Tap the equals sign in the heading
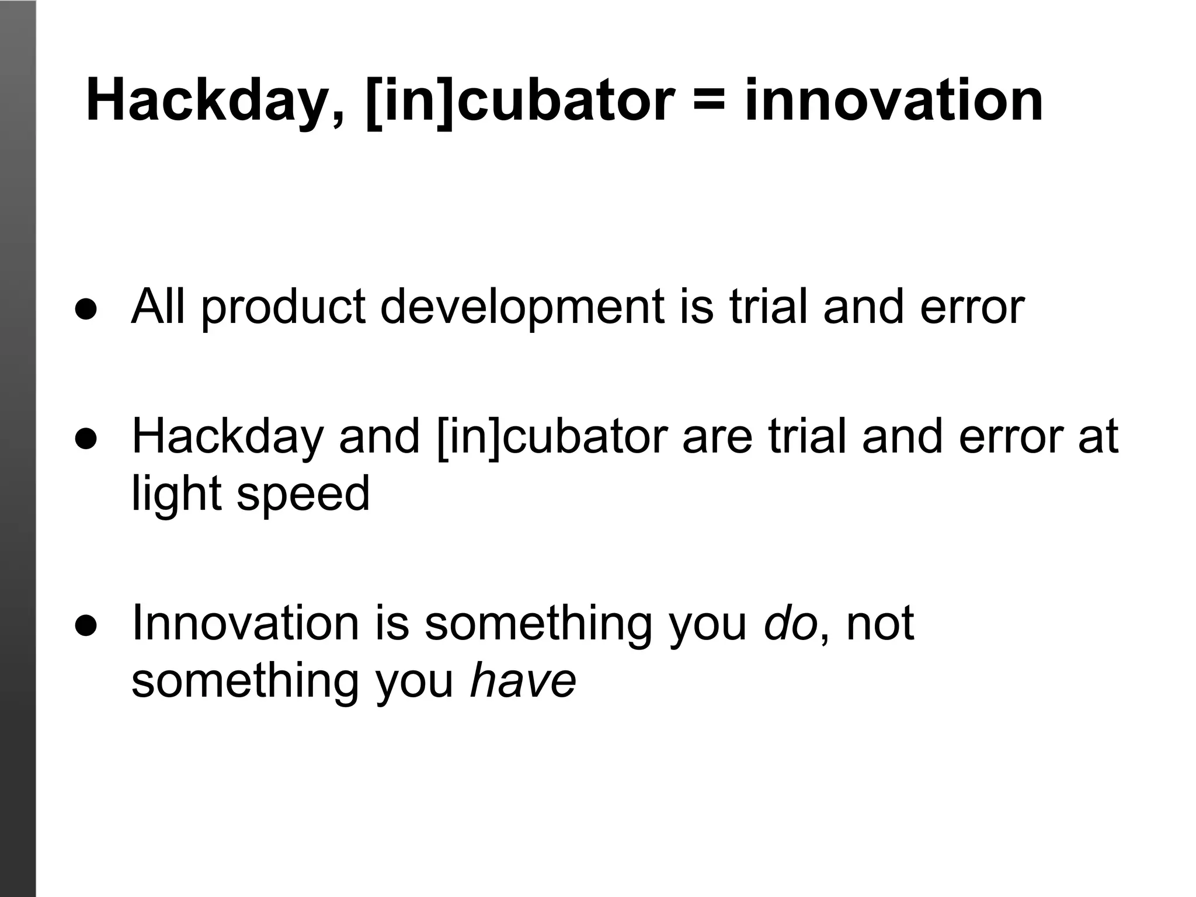(709, 102)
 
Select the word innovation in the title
(893, 102)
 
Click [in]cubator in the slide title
(520, 102)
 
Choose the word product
(284, 308)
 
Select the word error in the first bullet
(972, 308)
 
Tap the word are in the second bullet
(717, 437)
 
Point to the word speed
(303, 494)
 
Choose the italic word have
(523, 681)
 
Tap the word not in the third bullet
(879, 624)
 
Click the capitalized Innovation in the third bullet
(245, 624)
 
